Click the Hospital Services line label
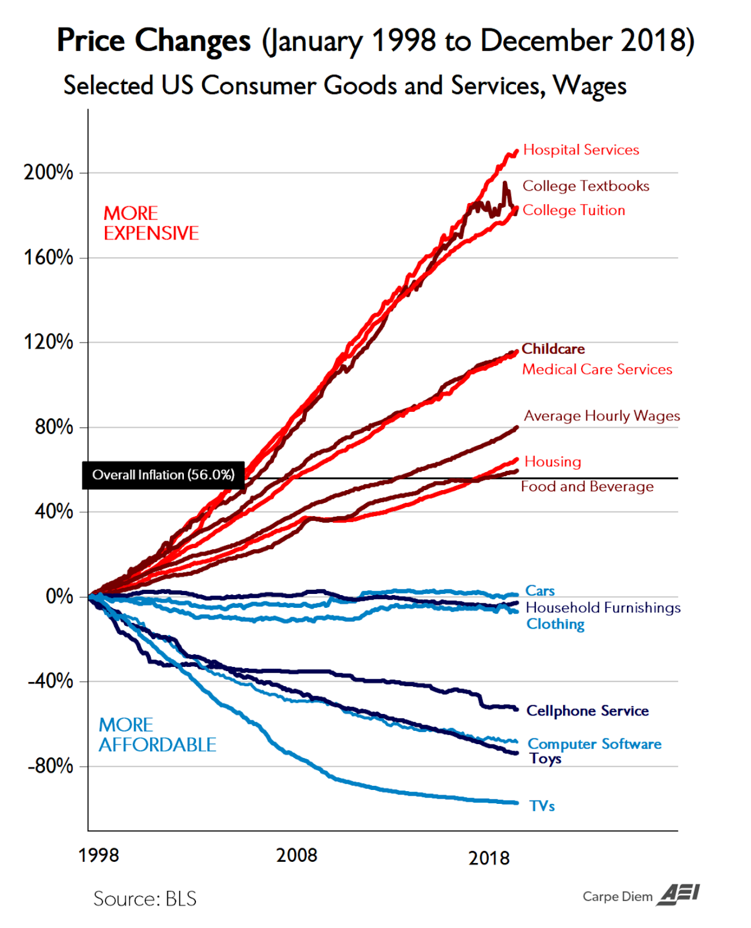581,150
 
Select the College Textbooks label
586,186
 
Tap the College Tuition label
574,211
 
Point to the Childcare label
553,349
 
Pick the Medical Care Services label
597,369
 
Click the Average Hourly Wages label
602,416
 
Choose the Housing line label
553,462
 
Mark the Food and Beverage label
587,487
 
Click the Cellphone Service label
587,711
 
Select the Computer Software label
594,744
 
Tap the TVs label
542,806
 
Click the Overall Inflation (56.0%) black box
164,475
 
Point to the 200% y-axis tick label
49,172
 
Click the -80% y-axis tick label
51,766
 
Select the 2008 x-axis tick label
296,855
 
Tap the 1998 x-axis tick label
99,855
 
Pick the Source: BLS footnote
145,899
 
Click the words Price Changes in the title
154,41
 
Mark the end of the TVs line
516,803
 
